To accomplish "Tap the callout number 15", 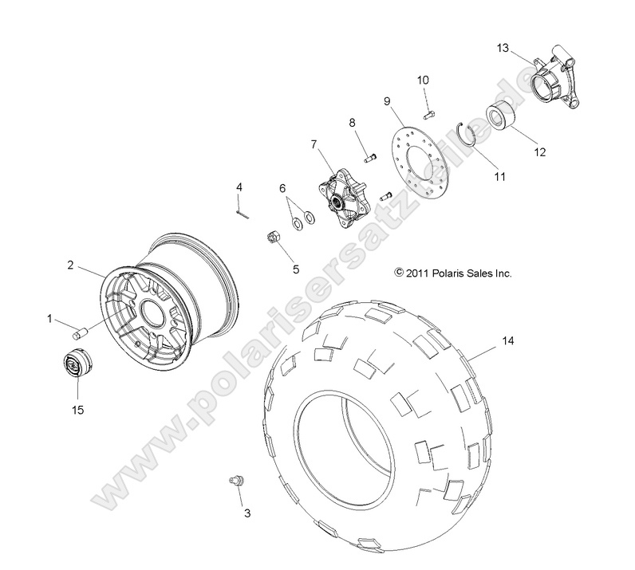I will (x=78, y=410).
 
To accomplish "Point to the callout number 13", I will (x=502, y=47).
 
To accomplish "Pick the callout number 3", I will (x=247, y=513).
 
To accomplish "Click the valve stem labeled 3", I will (x=235, y=481).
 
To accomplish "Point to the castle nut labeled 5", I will (x=270, y=237).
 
